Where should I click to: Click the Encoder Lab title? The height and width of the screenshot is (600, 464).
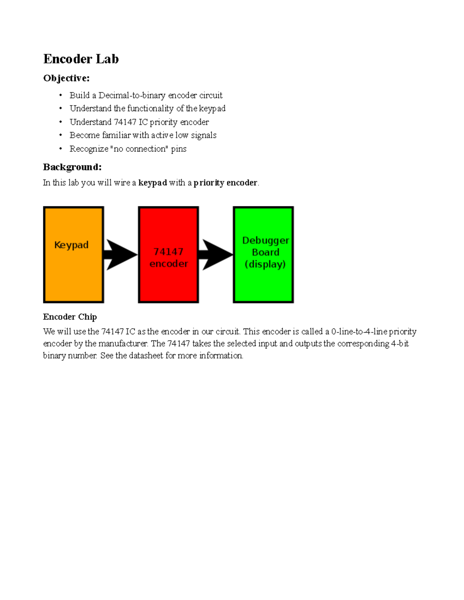click(x=81, y=59)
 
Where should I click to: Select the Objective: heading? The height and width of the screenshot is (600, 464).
click(x=66, y=78)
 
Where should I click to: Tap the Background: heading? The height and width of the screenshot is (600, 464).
click(x=72, y=167)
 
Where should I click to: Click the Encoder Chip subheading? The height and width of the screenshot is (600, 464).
click(x=70, y=317)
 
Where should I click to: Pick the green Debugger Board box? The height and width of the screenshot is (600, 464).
click(x=263, y=286)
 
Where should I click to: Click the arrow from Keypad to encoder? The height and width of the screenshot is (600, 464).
click(x=121, y=255)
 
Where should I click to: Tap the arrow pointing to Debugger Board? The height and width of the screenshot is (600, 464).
click(x=216, y=255)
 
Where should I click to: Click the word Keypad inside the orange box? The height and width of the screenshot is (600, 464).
click(x=72, y=245)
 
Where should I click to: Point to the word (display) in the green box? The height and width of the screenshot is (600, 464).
click(x=265, y=264)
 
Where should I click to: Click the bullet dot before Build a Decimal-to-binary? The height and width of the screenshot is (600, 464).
click(x=61, y=95)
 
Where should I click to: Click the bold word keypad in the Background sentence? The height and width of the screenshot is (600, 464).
click(x=153, y=183)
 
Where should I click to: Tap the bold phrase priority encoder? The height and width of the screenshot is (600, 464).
click(x=225, y=183)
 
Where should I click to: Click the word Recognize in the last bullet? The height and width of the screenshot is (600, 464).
click(x=89, y=149)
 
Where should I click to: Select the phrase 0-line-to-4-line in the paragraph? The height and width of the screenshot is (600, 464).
click(x=359, y=331)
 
